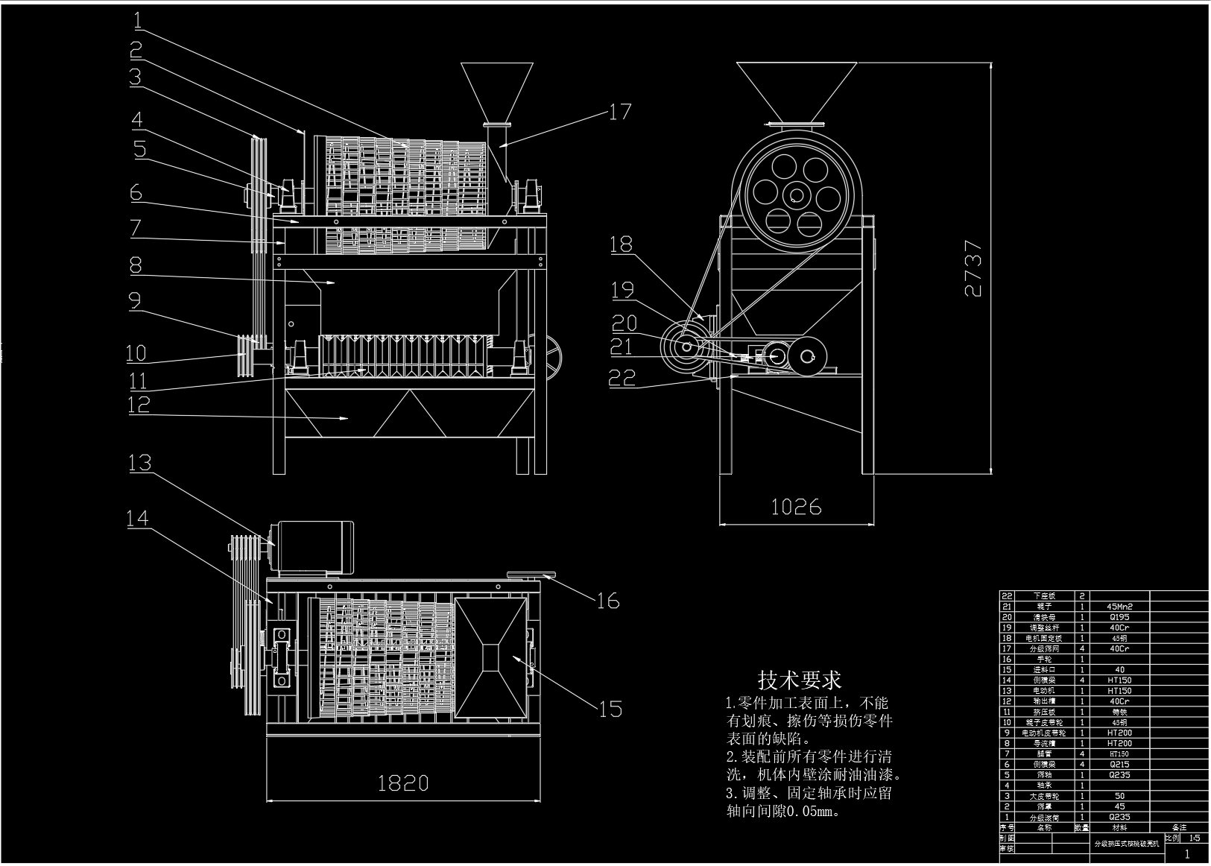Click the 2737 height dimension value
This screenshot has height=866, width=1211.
tap(973, 268)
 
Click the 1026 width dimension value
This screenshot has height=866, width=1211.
tap(796, 507)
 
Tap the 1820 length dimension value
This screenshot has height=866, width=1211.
tap(403, 783)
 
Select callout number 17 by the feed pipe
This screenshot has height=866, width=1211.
tap(620, 112)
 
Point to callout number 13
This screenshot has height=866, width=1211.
tap(140, 463)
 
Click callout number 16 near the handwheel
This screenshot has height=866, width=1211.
tap(608, 600)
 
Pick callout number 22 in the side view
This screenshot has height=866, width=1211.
tap(622, 378)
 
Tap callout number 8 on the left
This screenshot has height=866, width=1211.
tap(135, 265)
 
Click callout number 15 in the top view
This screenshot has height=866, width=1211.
tap(610, 708)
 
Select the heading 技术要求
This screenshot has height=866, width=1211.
tap(800, 680)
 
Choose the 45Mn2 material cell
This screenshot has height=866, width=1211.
tap(1119, 607)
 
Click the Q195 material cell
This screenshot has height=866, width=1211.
tap(1119, 617)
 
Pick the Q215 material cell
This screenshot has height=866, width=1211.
tap(1119, 764)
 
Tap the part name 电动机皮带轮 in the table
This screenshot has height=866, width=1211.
tap(1045, 733)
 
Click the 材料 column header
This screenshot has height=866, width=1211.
tap(1119, 827)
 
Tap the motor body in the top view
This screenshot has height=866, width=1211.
tap(313, 546)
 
